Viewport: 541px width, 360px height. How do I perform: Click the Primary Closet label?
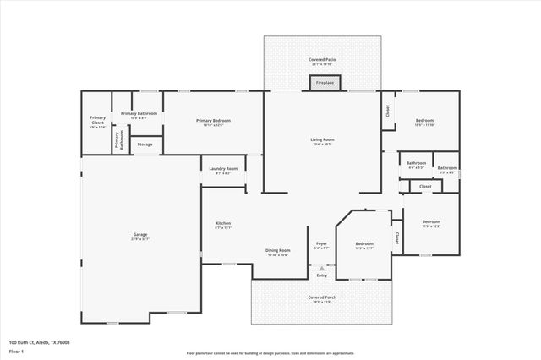click(97, 121)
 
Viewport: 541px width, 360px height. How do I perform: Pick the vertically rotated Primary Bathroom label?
click(118, 142)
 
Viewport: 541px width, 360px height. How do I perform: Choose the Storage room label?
click(145, 145)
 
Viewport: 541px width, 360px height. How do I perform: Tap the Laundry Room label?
click(223, 169)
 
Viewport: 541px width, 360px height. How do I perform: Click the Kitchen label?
click(223, 223)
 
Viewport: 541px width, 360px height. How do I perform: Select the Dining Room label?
click(278, 250)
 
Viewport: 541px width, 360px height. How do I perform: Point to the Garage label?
click(140, 236)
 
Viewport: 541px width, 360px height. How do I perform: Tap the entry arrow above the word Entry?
click(321, 268)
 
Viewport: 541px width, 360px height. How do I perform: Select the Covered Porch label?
click(321, 297)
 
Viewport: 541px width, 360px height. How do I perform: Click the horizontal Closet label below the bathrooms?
click(425, 186)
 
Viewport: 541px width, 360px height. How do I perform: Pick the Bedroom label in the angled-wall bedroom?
click(363, 243)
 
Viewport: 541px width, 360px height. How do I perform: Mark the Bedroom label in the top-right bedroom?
click(424, 121)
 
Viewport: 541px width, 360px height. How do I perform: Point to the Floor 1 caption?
click(17, 352)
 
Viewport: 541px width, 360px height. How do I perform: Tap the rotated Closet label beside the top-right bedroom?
click(388, 110)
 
